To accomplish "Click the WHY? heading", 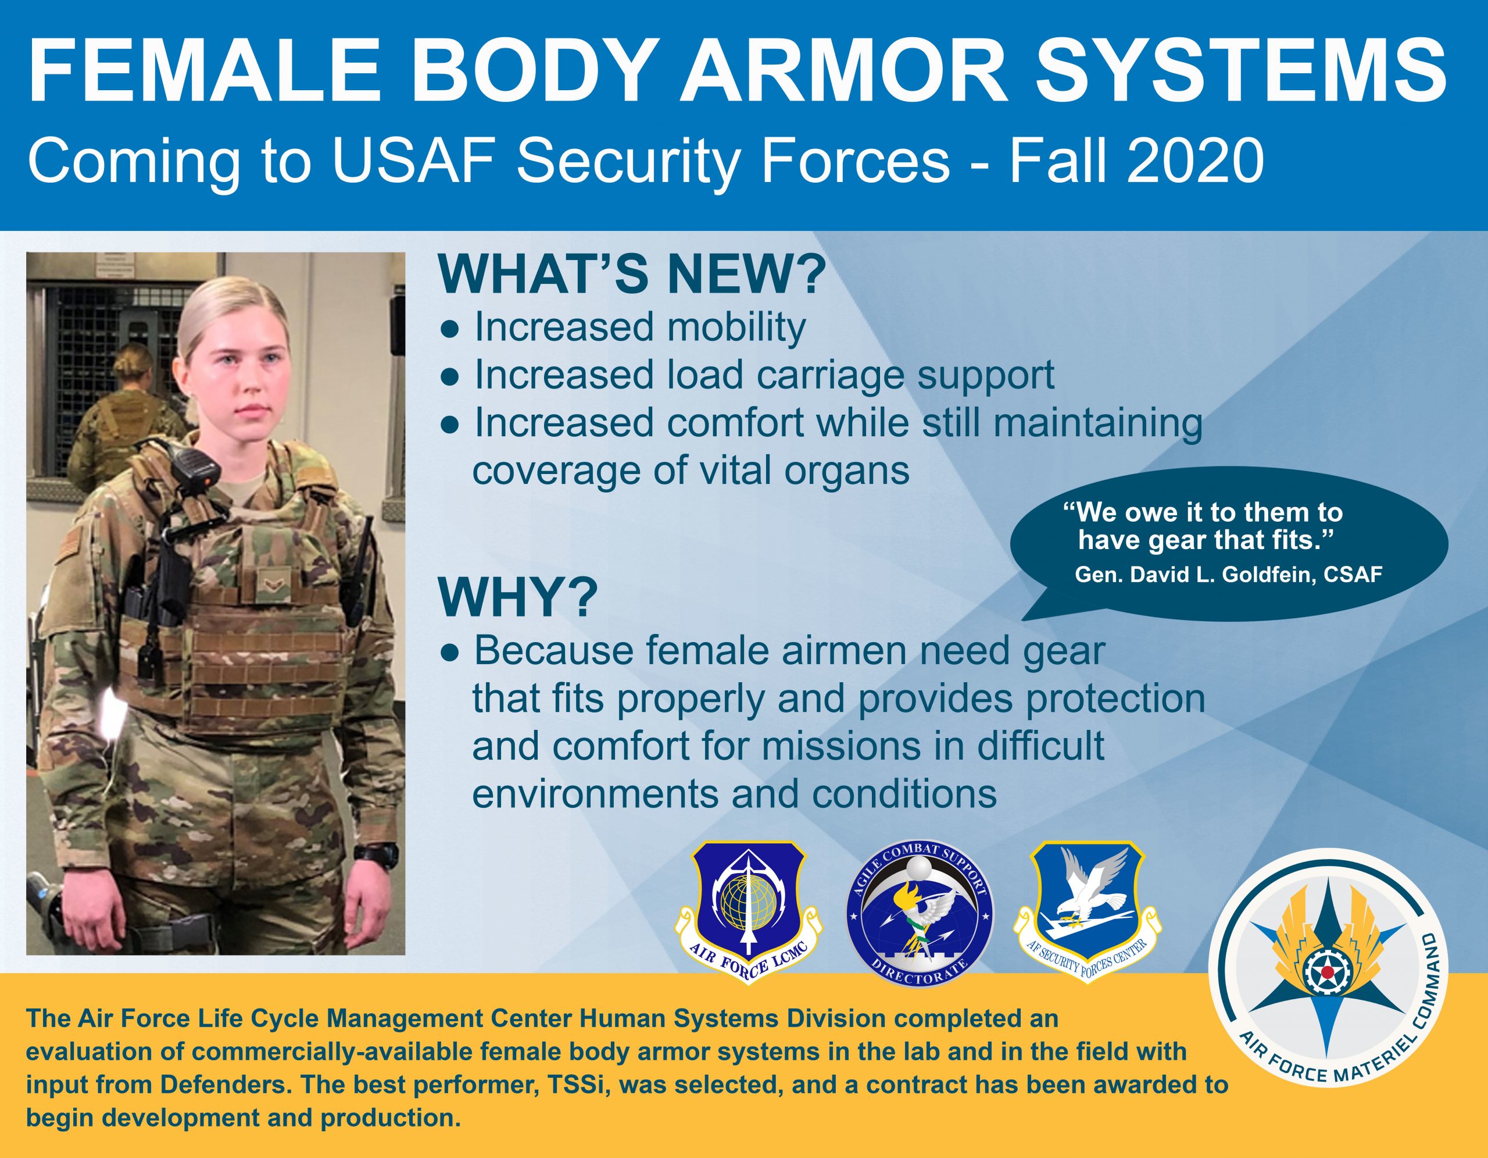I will [x=518, y=597].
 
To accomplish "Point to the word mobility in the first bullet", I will [x=736, y=327].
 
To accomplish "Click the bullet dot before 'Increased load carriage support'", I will [x=450, y=376].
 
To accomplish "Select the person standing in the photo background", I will [x=126, y=402].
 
